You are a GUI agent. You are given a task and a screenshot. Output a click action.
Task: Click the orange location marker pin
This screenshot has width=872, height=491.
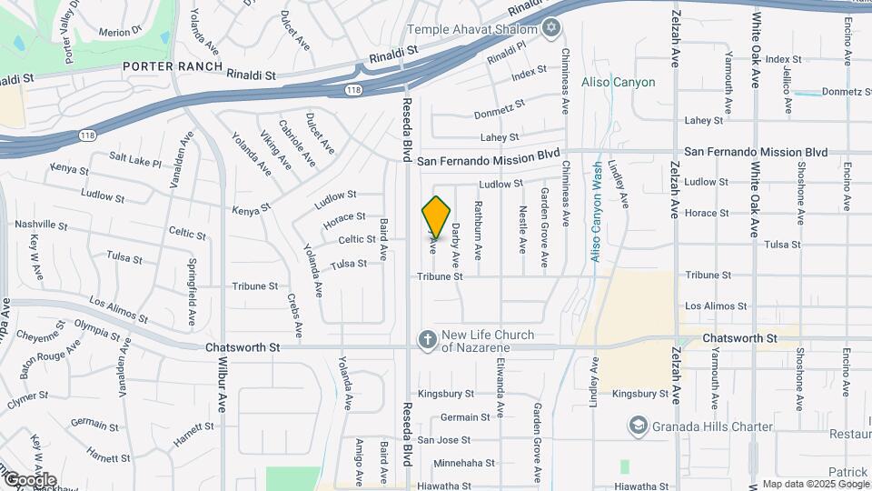[x=436, y=216]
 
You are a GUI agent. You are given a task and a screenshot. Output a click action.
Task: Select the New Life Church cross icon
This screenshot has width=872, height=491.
[x=426, y=340]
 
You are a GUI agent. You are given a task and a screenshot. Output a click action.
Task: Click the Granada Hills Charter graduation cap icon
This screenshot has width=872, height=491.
[x=639, y=426]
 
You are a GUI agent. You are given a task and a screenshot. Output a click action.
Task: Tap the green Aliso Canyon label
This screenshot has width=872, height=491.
[x=621, y=83]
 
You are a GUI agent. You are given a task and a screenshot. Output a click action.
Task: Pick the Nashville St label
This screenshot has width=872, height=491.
[x=41, y=224]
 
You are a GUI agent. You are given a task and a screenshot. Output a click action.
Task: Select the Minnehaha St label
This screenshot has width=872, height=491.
[x=463, y=463]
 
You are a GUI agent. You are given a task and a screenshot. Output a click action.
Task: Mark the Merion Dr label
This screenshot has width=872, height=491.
[x=121, y=32]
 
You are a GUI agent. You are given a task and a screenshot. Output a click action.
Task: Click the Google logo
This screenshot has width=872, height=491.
[x=29, y=480]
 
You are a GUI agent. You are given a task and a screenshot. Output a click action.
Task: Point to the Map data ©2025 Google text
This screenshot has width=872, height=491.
[x=815, y=484]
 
